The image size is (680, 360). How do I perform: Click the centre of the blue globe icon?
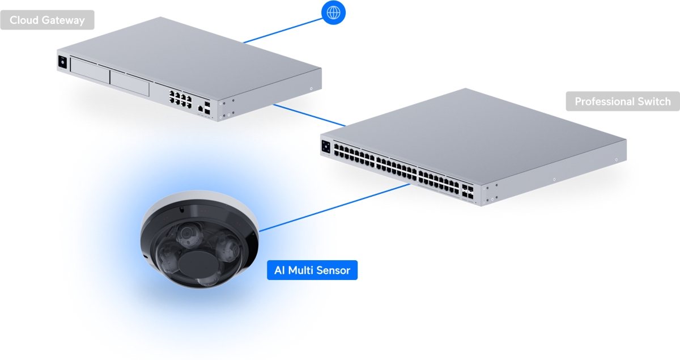pyautogui.click(x=333, y=13)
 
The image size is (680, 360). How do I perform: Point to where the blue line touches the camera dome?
pyautogui.click(x=260, y=231)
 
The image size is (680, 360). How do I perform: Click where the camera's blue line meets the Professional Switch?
pyautogui.click(x=410, y=184)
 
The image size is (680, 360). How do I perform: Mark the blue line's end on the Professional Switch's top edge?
pyautogui.click(x=346, y=125)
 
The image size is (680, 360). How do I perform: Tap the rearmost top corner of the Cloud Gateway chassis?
pyautogui.click(x=160, y=16)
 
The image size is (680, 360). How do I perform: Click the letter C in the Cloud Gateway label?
pyautogui.click(x=14, y=20)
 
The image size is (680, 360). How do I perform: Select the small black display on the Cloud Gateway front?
pyautogui.click(x=62, y=62)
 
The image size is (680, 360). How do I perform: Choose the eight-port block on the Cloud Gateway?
pyautogui.click(x=181, y=99)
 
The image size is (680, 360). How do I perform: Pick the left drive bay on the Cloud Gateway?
pyautogui.click(x=90, y=70)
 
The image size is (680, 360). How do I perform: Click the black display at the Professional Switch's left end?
pyautogui.click(x=326, y=147)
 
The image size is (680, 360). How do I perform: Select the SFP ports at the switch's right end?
pyautogui.click(x=467, y=192)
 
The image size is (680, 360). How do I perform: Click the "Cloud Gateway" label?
pyautogui.click(x=48, y=20)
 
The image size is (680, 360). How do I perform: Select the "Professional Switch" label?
pyautogui.click(x=623, y=101)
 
